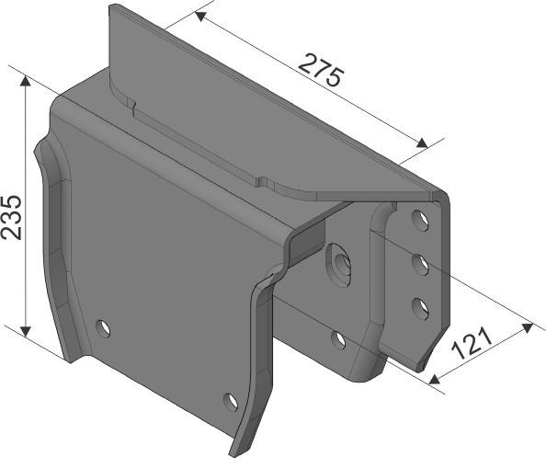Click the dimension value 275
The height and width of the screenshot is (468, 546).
323,71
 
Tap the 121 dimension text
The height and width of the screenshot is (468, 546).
473,345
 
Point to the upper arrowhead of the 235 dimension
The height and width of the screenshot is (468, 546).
26,81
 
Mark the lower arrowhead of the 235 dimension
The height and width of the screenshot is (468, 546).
26,330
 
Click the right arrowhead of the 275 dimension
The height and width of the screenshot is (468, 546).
425,145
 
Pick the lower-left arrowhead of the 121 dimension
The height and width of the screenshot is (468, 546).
433,378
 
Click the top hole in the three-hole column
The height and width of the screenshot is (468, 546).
418,220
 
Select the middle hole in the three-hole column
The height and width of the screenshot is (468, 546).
419,264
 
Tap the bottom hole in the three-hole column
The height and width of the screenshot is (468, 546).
419,306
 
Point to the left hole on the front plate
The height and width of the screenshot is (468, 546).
103,326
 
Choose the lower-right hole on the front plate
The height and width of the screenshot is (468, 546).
230,400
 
